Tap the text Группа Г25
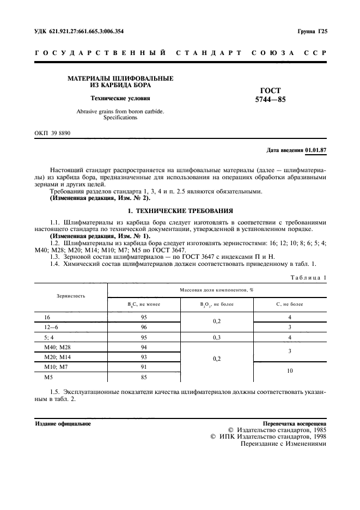tap(312, 31)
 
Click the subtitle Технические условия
tap(120, 99)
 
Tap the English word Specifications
tap(120, 118)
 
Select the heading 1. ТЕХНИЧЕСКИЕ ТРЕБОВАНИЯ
tap(180, 210)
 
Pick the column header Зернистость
tap(71, 296)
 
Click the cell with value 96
tap(144, 327)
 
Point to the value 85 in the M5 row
tap(144, 376)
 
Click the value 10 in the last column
tap(290, 371)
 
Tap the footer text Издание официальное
tap(63, 423)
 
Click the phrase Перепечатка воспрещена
tap(294, 423)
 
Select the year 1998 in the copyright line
tap(317, 436)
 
